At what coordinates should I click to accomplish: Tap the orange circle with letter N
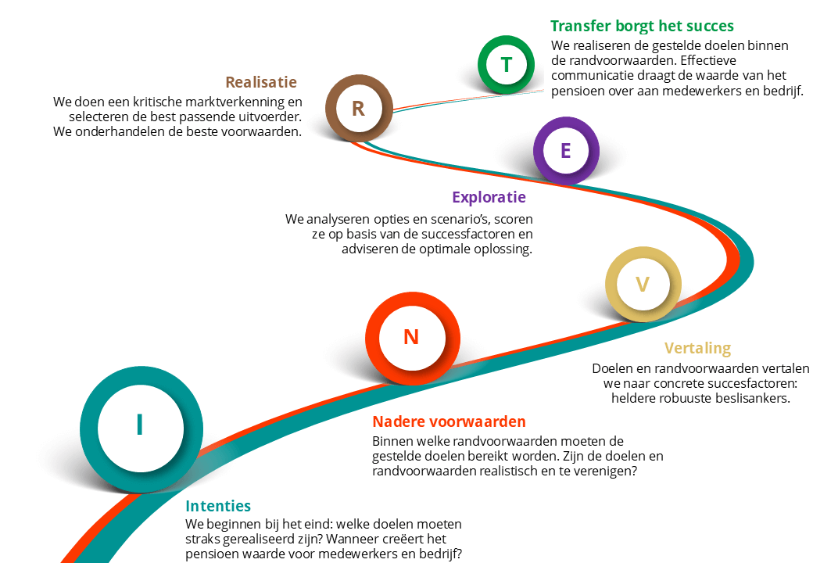click(374, 338)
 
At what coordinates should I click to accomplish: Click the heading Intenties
click(218, 506)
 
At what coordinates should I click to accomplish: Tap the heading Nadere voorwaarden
click(449, 421)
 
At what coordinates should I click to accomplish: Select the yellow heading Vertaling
click(698, 349)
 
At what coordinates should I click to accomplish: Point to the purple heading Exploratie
click(489, 198)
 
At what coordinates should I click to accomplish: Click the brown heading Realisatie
click(261, 82)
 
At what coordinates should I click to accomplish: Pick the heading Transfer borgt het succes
click(642, 26)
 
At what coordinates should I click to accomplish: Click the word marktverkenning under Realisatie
click(227, 102)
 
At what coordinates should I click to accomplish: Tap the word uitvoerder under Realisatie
click(270, 117)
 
